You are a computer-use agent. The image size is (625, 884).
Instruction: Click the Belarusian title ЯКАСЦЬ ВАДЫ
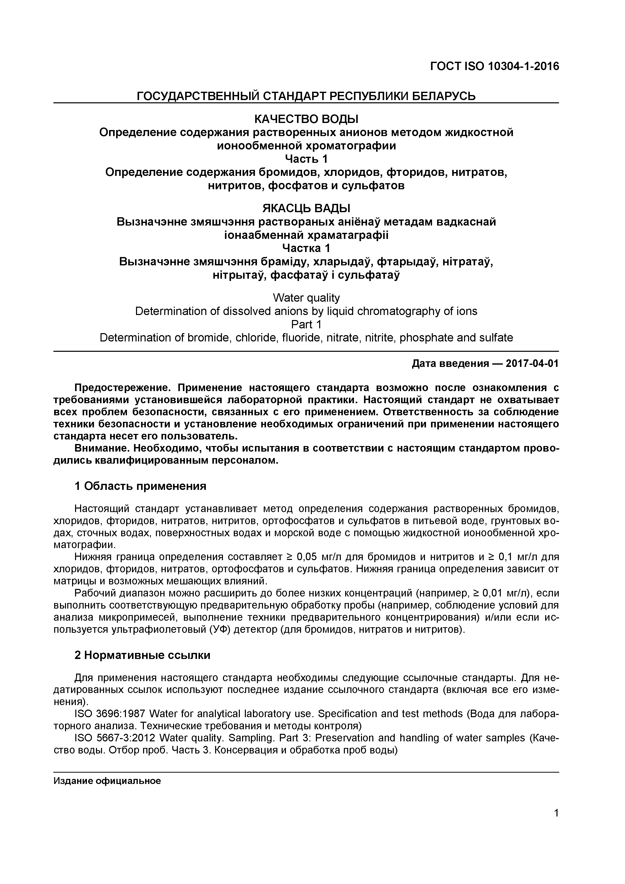[x=306, y=209]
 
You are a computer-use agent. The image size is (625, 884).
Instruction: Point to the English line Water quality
[x=306, y=298]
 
